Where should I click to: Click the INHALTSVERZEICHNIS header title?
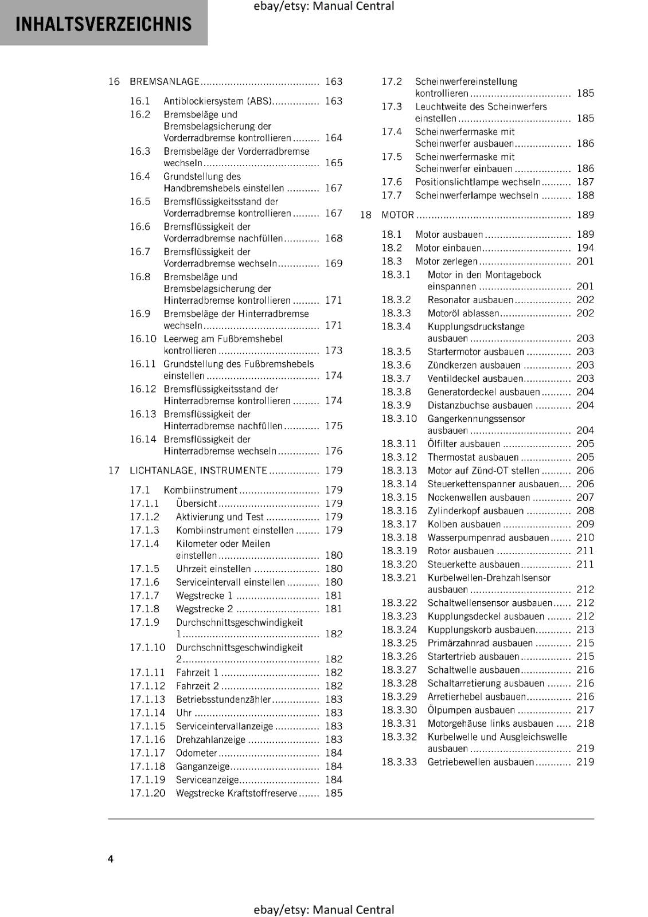point(103,24)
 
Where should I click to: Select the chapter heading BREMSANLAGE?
point(165,81)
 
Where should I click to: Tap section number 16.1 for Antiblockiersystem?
point(140,101)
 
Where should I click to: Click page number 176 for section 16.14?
point(333,451)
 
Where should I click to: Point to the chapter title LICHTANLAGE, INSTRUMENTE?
point(198,471)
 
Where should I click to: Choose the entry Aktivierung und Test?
point(220,517)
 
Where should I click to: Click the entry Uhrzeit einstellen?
point(213,569)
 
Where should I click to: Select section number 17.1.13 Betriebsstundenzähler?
point(147,699)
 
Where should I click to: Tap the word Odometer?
point(196,753)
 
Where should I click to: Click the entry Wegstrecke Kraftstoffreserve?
point(236,793)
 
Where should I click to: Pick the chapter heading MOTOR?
point(397,215)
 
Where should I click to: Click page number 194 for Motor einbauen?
point(585,248)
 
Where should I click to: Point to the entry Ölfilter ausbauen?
point(463,444)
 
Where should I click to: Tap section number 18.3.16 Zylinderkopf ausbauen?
point(399,511)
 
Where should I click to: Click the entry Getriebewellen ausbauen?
point(481,762)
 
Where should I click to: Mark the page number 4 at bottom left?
point(111,859)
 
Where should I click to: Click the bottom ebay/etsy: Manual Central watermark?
point(323,910)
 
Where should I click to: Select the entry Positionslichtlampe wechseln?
point(478,182)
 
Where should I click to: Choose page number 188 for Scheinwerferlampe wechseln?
point(585,195)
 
